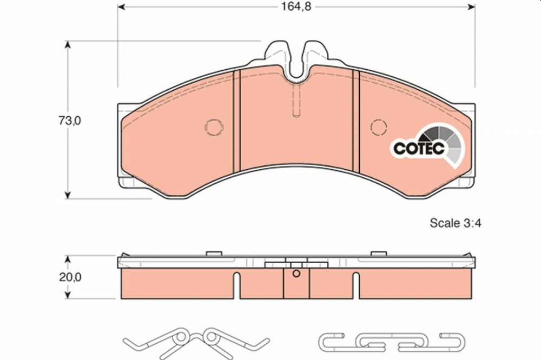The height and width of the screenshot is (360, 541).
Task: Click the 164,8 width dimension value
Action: click(296, 6)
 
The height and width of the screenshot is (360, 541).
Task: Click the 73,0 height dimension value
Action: click(70, 121)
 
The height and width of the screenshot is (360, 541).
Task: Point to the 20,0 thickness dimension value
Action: click(70, 277)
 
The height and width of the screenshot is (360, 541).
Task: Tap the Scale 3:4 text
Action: click(455, 223)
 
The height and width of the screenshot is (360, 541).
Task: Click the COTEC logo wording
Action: click(419, 149)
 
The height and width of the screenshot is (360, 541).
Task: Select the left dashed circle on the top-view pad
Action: click(214, 127)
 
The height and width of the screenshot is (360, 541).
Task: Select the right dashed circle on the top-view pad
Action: click(379, 127)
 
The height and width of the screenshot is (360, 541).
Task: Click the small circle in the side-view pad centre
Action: click(296, 274)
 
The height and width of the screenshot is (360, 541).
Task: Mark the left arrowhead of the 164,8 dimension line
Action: click(121, 7)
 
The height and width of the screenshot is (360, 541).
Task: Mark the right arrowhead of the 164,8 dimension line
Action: click(471, 7)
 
